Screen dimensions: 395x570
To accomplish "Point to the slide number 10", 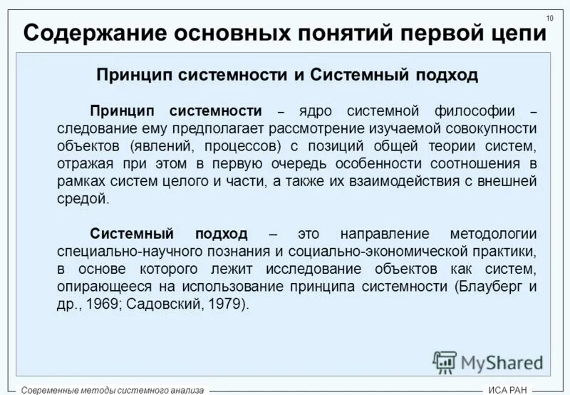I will point(550,18).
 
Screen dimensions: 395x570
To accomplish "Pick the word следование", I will point(97,129).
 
